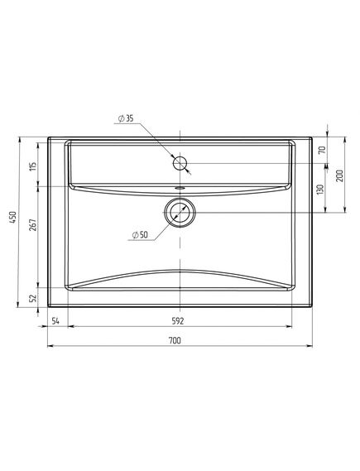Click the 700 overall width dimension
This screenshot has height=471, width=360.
[175, 341]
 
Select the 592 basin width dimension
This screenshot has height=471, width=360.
[177, 321]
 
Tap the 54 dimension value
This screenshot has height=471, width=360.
[55, 321]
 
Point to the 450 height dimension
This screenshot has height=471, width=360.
[13, 217]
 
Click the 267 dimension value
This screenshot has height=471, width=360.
[33, 224]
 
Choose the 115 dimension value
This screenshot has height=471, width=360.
[33, 166]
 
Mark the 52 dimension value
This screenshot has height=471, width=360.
[33, 298]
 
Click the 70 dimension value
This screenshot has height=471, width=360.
[322, 150]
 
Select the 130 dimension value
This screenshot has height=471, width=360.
[320, 190]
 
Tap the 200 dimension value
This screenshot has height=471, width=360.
[339, 175]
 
